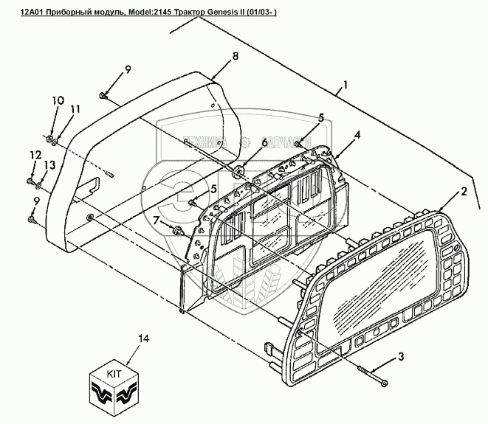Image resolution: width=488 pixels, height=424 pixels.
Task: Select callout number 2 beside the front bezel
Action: point(464,192)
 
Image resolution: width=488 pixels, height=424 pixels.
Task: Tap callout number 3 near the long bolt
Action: point(401,358)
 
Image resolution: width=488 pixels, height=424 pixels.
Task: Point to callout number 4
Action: point(357,135)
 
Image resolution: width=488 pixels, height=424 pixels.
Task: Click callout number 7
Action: point(157,220)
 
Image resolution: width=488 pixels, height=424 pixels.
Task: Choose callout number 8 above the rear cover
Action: point(235,56)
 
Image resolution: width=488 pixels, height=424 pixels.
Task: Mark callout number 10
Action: point(58,100)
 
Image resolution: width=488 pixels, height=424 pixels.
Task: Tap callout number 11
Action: point(75,109)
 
